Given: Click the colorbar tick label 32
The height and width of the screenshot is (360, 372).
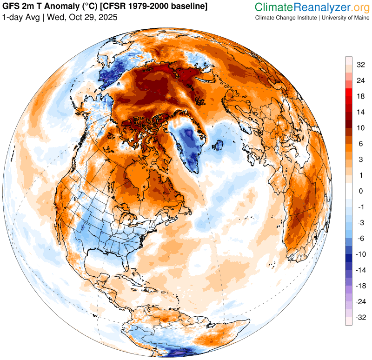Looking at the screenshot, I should pos(360,65).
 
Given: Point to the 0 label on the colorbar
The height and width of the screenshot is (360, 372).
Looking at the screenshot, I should pos(360,191).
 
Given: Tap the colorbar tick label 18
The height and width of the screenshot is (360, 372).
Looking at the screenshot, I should pos(360,96).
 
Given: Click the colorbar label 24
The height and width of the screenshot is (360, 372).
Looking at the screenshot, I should pos(360,80).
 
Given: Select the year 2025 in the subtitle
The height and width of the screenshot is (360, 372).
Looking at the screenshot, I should pos(107,17).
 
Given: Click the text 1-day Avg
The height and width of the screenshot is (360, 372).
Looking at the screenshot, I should pos(20,17).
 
